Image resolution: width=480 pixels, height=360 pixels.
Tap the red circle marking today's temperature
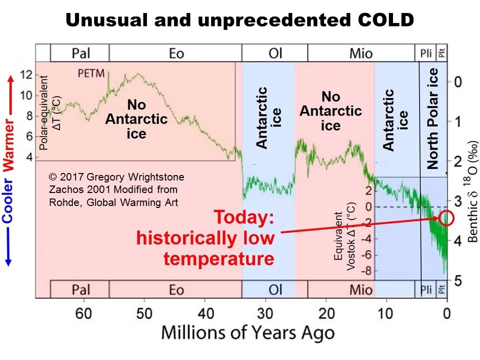447,218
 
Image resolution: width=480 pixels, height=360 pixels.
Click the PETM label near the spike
91,73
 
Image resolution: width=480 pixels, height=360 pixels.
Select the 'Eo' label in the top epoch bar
176,53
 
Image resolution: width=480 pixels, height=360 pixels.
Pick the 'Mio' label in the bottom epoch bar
360,289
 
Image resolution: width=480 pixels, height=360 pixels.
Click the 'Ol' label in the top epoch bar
275,53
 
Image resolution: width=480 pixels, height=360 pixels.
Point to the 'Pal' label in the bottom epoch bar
81,289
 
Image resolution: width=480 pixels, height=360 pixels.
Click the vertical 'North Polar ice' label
432,118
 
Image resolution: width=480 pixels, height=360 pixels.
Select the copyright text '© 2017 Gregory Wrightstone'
117,177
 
